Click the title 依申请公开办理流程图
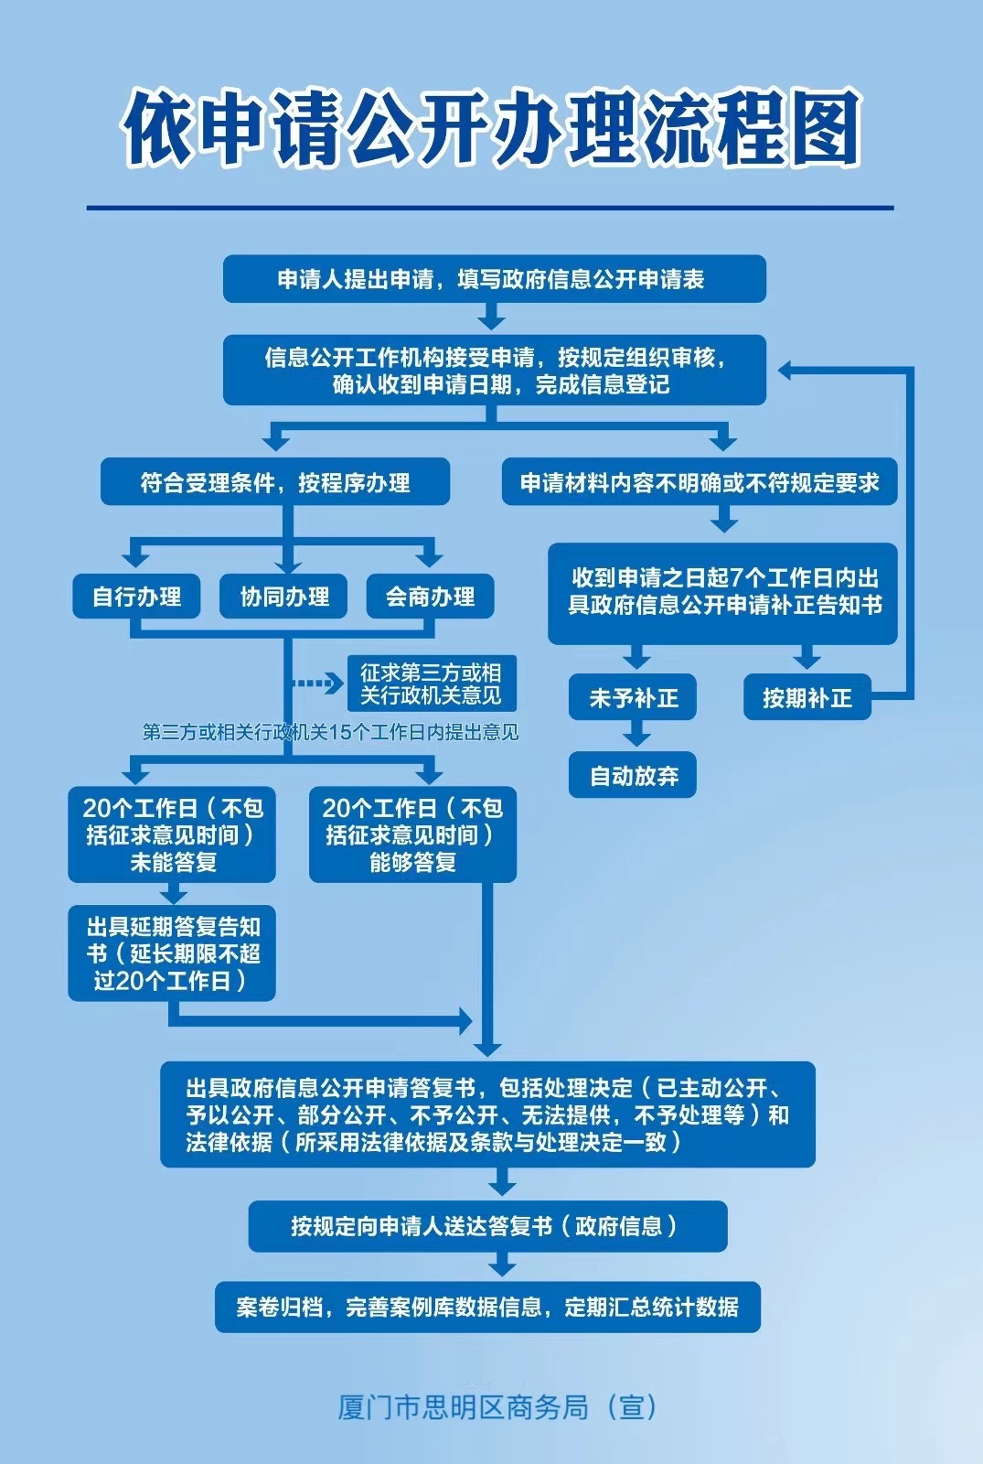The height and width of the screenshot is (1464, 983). (491, 128)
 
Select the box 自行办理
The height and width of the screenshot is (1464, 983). (136, 596)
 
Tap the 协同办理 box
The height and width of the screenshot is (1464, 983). (283, 596)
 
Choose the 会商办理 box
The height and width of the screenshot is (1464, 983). (430, 596)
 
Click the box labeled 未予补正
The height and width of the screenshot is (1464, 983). (632, 697)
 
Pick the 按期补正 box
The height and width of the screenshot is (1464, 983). (807, 697)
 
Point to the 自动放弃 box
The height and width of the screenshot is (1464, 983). (632, 775)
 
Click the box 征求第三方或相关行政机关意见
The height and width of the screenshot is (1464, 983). (432, 684)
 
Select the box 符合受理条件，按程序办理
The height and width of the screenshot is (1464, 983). (275, 481)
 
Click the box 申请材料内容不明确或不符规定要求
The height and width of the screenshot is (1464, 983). (700, 481)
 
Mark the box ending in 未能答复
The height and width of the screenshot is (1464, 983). (172, 834)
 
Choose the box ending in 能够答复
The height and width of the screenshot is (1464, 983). (412, 834)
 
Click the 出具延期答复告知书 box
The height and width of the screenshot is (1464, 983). (172, 953)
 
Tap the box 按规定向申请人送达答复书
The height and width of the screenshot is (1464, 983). (487, 1226)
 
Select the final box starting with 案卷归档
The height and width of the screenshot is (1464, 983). (487, 1308)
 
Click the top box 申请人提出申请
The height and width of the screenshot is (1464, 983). (495, 279)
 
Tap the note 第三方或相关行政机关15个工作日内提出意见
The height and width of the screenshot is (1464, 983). (330, 732)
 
